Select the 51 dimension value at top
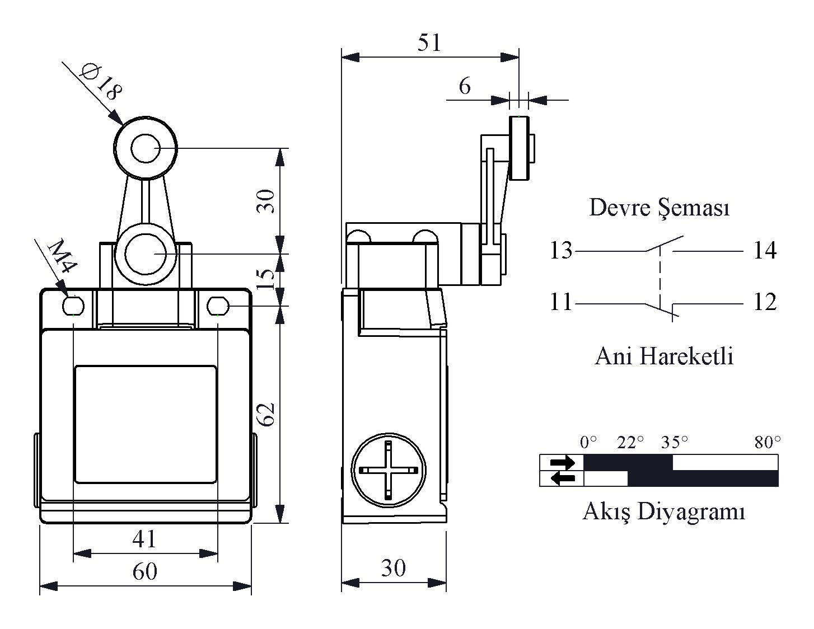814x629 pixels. (x=429, y=43)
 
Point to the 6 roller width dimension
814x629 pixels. (x=465, y=86)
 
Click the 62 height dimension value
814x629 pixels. (x=266, y=415)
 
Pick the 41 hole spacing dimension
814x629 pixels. (x=144, y=539)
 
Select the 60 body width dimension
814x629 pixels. (x=144, y=571)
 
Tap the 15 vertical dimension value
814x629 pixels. (x=266, y=279)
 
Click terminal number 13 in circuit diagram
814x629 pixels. (x=561, y=250)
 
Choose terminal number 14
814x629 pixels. (x=765, y=250)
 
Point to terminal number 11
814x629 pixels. (x=561, y=302)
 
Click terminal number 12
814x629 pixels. (x=765, y=302)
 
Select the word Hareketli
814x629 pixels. (x=686, y=356)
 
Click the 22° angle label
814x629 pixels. (x=630, y=443)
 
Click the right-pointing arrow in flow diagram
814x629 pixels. (x=562, y=462)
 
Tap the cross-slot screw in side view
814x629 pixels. (x=389, y=470)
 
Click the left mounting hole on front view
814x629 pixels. (x=73, y=306)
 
